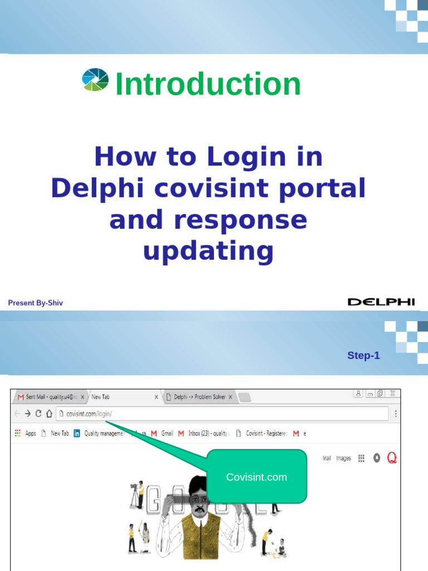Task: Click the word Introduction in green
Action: pyautogui.click(x=207, y=84)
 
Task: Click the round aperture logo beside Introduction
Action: pyautogui.click(x=95, y=79)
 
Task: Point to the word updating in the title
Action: pyautogui.click(x=208, y=250)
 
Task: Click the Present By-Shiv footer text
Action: pyautogui.click(x=36, y=303)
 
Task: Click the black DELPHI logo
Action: pyautogui.click(x=381, y=302)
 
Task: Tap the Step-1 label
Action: pyautogui.click(x=363, y=355)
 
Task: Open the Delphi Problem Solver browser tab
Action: pyautogui.click(x=199, y=397)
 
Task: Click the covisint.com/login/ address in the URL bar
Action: pyautogui.click(x=89, y=414)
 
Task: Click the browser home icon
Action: pyautogui.click(x=49, y=414)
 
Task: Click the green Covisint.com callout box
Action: pyautogui.click(x=256, y=477)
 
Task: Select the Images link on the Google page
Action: pyautogui.click(x=343, y=458)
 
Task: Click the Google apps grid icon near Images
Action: pyautogui.click(x=361, y=458)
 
